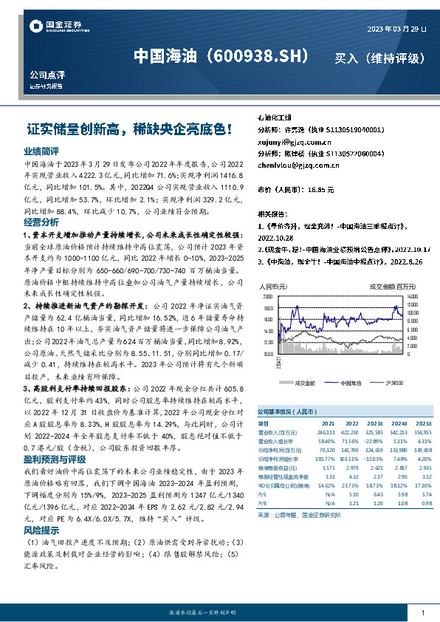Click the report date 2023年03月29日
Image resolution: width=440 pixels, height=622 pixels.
[396, 29]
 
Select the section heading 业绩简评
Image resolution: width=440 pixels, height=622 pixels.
[41, 150]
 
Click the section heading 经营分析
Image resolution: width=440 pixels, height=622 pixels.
[41, 222]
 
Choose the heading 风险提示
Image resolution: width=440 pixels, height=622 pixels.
[41, 530]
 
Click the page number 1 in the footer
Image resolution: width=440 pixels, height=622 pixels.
[422, 613]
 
